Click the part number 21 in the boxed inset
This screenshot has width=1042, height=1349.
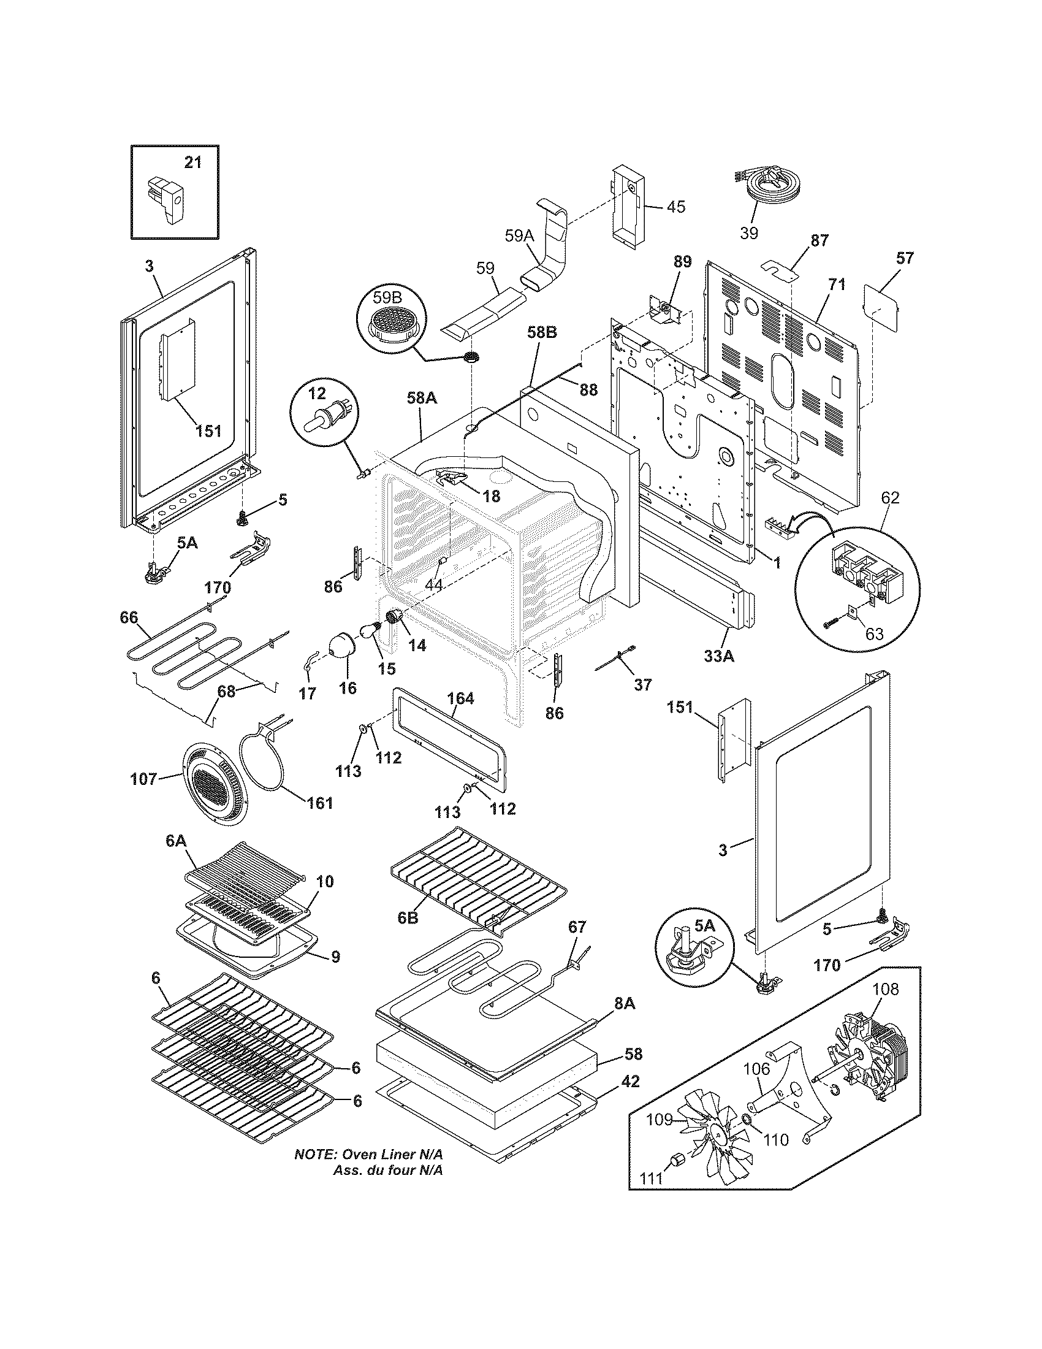[192, 162]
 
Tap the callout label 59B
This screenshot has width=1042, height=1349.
[386, 297]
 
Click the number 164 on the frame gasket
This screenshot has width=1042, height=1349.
[460, 698]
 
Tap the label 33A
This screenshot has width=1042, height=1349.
[719, 657]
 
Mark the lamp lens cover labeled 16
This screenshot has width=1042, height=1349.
[340, 646]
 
